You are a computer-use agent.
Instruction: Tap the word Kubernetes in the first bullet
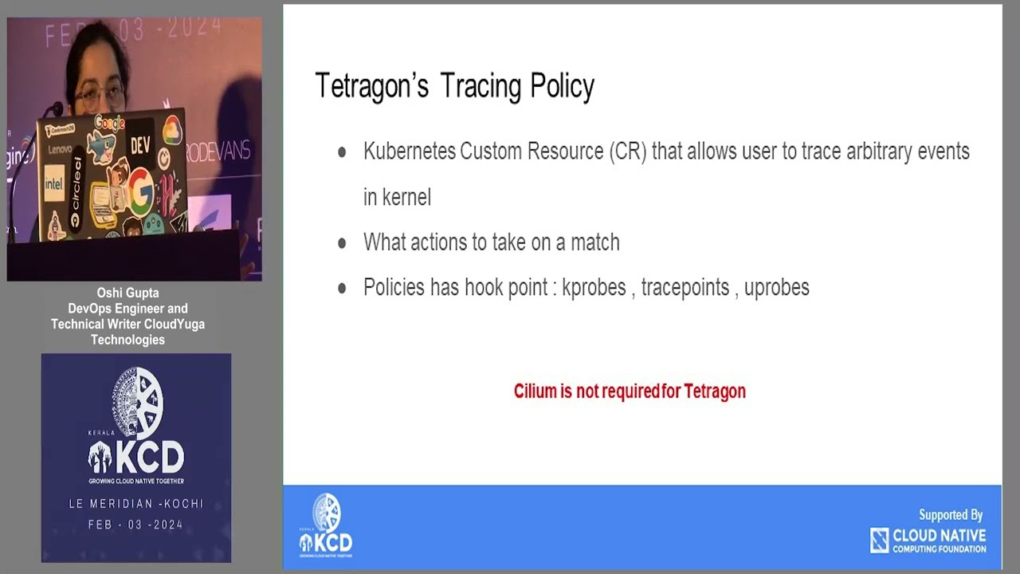[409, 151]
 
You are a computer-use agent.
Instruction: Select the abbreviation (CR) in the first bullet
[626, 151]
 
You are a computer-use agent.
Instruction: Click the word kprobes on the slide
[594, 287]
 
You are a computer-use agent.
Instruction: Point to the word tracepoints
[685, 287]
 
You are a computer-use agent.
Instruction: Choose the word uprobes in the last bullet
[777, 287]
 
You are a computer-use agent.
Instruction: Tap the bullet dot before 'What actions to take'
[342, 243]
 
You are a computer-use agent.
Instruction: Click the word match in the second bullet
[594, 242]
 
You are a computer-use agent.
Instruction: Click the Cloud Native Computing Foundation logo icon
[879, 541]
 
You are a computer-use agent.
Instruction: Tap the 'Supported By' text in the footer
[951, 515]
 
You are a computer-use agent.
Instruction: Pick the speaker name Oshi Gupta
[127, 293]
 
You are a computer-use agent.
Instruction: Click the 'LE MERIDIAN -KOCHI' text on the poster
[136, 504]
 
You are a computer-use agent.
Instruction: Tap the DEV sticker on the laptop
[141, 145]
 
